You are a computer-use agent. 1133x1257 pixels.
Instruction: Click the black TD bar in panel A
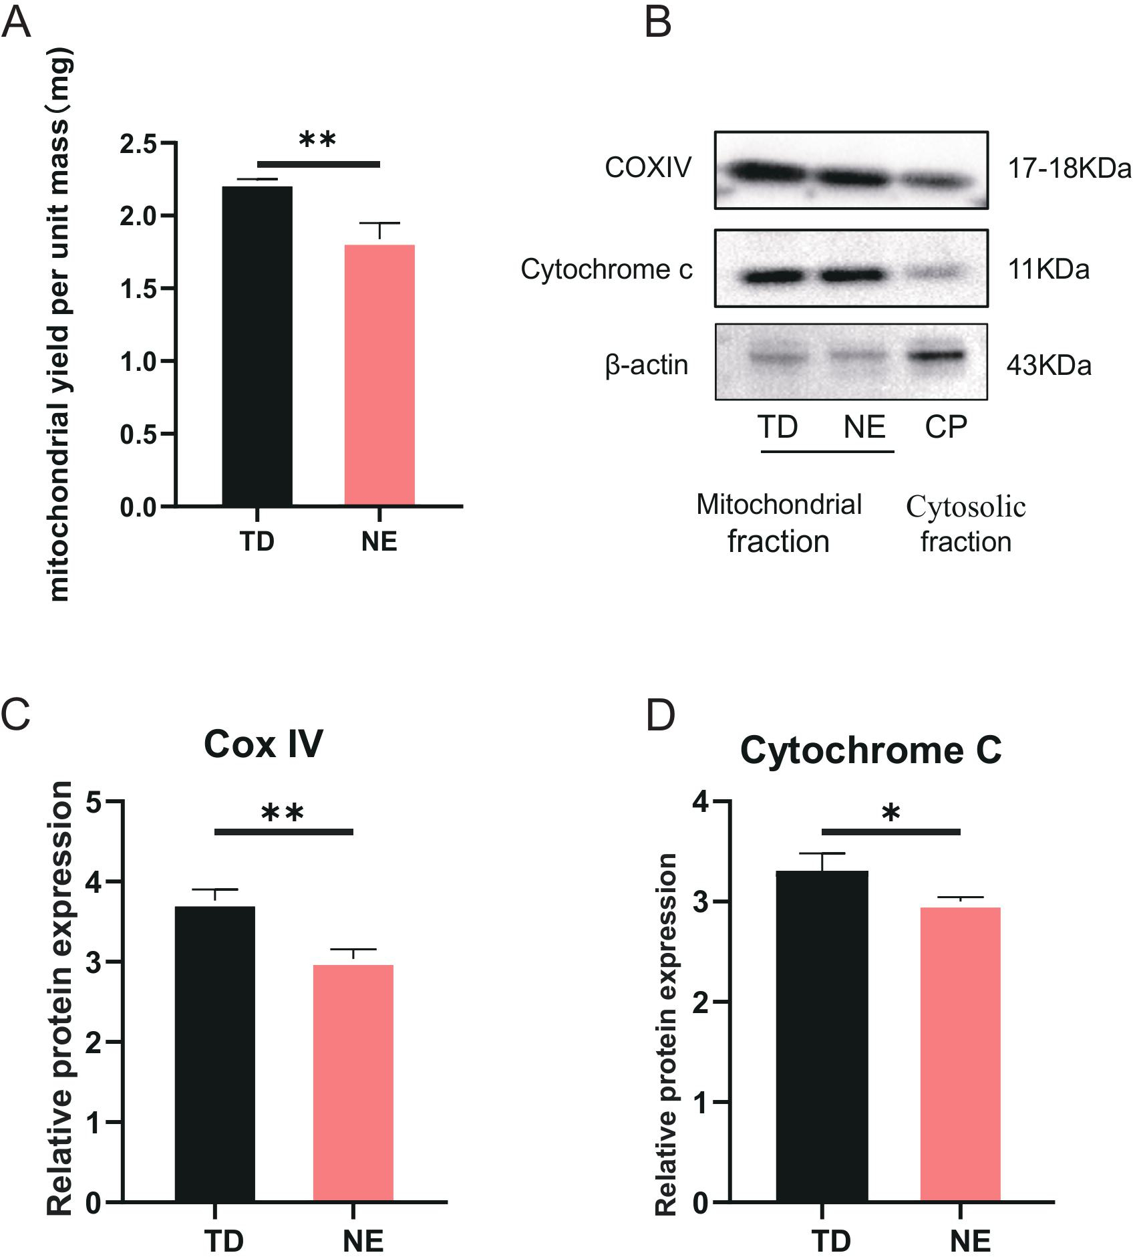point(257,345)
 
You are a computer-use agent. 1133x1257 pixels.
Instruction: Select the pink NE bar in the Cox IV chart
point(353,1083)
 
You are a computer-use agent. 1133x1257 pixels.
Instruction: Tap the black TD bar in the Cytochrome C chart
point(828,1036)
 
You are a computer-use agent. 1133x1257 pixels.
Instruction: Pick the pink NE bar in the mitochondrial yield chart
point(379,375)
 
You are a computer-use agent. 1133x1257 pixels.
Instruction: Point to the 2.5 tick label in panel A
point(138,144)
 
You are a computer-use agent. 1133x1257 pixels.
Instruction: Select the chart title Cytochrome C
point(870,750)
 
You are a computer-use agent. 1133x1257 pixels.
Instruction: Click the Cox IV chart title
point(263,743)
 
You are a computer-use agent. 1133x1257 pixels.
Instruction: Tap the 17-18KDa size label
point(1070,169)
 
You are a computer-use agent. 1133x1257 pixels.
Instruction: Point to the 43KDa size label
point(1049,366)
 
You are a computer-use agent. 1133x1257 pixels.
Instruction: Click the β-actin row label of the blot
point(647,366)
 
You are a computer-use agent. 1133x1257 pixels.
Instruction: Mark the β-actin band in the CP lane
point(935,357)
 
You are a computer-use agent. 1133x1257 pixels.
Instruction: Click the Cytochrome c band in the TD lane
point(775,275)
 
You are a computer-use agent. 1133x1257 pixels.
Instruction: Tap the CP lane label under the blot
point(946,426)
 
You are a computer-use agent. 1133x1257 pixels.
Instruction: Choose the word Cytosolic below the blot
point(966,507)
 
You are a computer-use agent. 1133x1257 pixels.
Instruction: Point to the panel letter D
point(661,715)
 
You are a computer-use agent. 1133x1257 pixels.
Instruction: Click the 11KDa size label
point(1049,269)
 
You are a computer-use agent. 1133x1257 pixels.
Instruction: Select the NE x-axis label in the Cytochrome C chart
point(971,1241)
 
